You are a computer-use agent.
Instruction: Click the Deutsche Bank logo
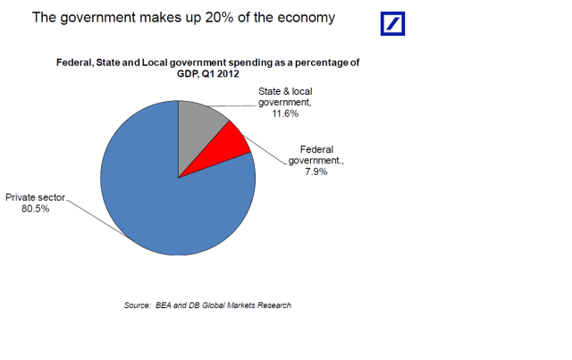click(392, 23)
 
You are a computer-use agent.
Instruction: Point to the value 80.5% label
click(36, 209)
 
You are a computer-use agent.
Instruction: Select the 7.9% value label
click(314, 172)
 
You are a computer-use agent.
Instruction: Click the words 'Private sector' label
click(36, 197)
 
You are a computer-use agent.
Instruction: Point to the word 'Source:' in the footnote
click(137, 306)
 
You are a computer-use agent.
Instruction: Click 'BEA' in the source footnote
click(167, 306)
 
